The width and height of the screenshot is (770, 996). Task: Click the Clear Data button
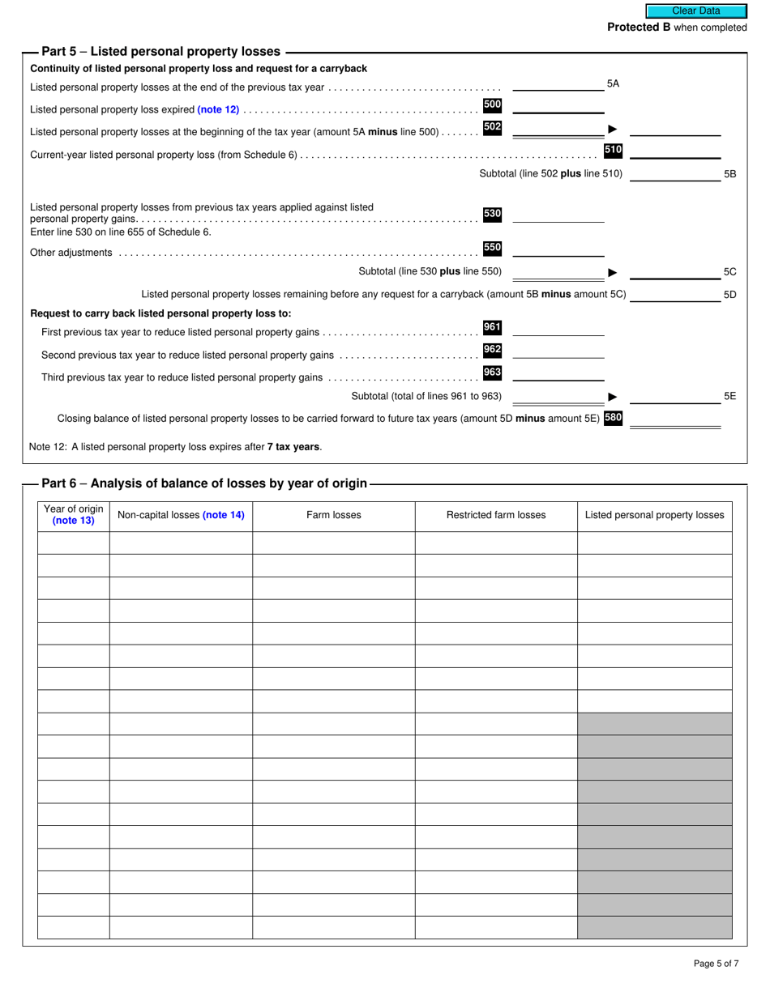[695, 11]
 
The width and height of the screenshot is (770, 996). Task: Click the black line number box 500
[492, 104]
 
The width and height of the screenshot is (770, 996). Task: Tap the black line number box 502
[492, 127]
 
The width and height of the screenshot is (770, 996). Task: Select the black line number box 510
[613, 150]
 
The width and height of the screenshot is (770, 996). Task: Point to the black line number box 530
[492, 215]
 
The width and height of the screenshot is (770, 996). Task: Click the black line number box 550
[492, 248]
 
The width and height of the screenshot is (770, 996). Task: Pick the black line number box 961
[492, 327]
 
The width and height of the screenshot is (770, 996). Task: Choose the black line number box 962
[492, 350]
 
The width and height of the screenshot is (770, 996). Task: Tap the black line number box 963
[492, 372]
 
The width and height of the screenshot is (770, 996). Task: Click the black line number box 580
[613, 418]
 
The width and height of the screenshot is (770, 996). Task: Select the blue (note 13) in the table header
[73, 521]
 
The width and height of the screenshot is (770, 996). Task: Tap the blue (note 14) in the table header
[223, 515]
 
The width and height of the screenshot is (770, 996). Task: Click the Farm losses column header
[334, 515]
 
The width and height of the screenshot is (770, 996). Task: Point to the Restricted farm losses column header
[496, 515]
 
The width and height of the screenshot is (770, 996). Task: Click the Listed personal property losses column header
[654, 515]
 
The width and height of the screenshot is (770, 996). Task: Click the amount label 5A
[613, 83]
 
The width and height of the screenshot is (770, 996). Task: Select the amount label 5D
[729, 295]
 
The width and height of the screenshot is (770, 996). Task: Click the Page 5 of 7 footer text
[716, 964]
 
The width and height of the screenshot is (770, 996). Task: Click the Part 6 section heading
[204, 484]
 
